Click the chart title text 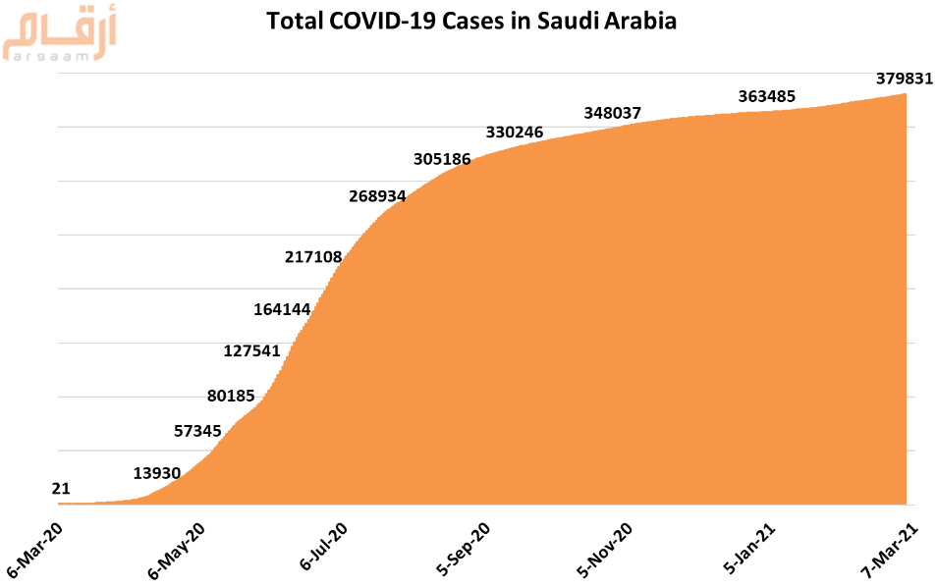(x=471, y=21)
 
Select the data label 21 (x=61, y=488)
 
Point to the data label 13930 (x=157, y=473)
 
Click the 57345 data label (x=197, y=430)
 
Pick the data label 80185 (x=231, y=397)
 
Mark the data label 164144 (x=282, y=309)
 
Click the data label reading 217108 (x=313, y=257)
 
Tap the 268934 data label (x=377, y=195)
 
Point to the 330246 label (x=515, y=132)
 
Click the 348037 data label (x=612, y=113)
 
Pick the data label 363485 (x=766, y=96)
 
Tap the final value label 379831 (x=904, y=79)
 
